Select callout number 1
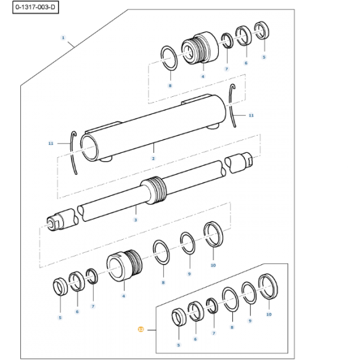pos(63,38)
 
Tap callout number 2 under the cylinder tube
pos(153,158)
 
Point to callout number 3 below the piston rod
pos(136,219)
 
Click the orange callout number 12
pos(141,330)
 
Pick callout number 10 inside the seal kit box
pos(269,314)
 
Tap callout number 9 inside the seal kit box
pos(250,321)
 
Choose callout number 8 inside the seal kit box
pos(232,328)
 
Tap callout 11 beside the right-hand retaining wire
pos(251,115)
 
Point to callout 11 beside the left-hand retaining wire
pos(51,143)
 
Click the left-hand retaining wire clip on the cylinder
pos(75,152)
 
